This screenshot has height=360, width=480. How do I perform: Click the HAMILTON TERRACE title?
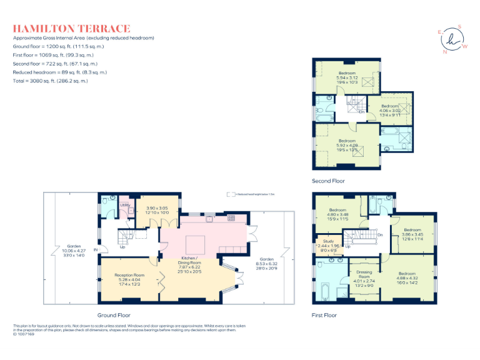point(72,28)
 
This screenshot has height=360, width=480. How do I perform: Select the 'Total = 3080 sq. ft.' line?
point(51,81)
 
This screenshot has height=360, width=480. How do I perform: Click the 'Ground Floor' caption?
point(113,315)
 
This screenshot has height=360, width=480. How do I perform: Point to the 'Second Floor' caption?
point(328,181)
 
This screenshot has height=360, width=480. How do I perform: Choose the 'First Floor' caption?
point(324,315)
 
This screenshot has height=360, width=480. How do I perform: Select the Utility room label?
point(124,205)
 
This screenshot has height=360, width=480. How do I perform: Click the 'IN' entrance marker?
point(96,250)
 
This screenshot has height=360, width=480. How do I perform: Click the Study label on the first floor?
point(328,242)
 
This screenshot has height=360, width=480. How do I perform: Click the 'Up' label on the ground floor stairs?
point(122,247)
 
